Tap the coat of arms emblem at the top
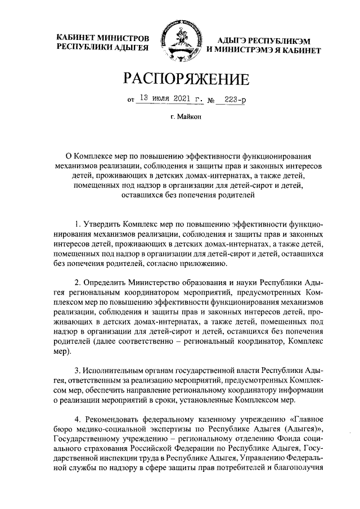179,42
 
